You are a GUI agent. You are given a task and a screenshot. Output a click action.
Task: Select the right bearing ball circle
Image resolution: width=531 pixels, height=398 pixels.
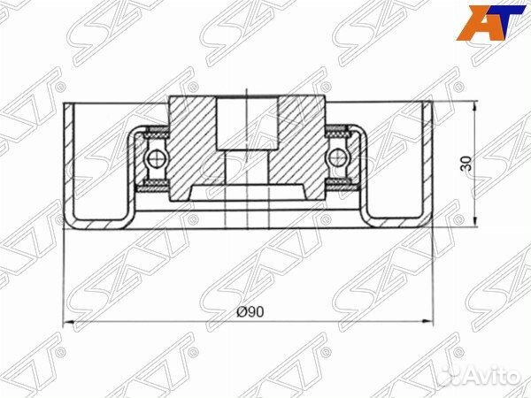coord(336,158)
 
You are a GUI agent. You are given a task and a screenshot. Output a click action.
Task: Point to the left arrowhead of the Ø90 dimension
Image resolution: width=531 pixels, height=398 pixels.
coord(68,320)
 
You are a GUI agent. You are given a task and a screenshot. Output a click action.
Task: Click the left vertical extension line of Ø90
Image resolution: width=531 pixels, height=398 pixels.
coord(64,274)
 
